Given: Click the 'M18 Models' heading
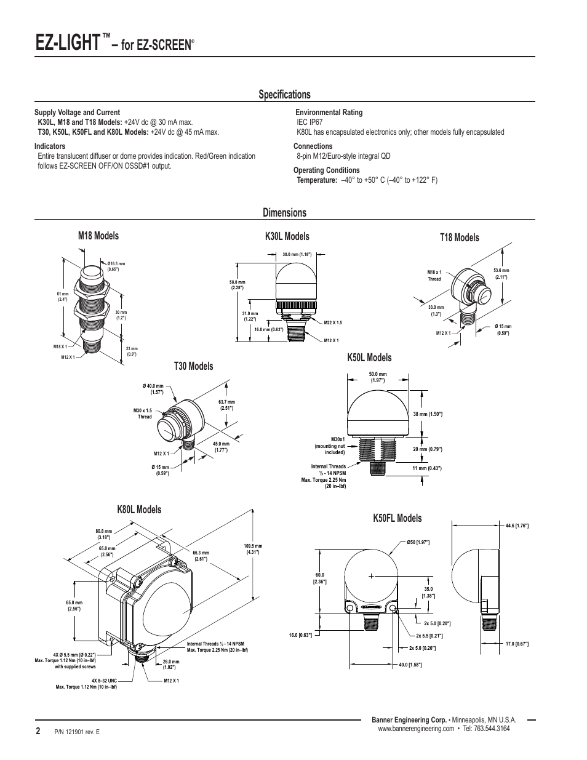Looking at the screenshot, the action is coord(98,236).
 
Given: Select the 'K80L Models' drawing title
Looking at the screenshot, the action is coord(139,510).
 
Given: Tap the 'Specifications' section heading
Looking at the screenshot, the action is coord(285,94).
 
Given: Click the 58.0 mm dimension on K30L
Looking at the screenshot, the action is coord(237,285).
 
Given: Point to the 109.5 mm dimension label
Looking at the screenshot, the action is coord(253,549).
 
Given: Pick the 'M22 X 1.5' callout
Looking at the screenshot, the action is coord(333,322).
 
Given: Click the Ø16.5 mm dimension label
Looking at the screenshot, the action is coord(116,266).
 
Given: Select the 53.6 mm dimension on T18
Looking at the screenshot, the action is coord(501,273).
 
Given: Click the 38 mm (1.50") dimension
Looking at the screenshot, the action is coord(428,414).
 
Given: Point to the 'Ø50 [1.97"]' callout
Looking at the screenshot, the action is coord(418,542).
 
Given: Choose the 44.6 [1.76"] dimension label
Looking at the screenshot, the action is coord(517,526).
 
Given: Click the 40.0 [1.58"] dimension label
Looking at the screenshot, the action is coord(410,665).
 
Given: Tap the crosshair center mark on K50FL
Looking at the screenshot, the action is coord(371,576).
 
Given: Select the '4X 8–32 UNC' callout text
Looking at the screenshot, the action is coord(104,681).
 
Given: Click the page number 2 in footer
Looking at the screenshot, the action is coord(38,730).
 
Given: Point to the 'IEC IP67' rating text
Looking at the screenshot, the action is coord(309,122).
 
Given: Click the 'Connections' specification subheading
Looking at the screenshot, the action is coord(313,146).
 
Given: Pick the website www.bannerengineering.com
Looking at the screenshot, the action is coord(416,729).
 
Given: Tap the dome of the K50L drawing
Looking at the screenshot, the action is coord(378,413).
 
